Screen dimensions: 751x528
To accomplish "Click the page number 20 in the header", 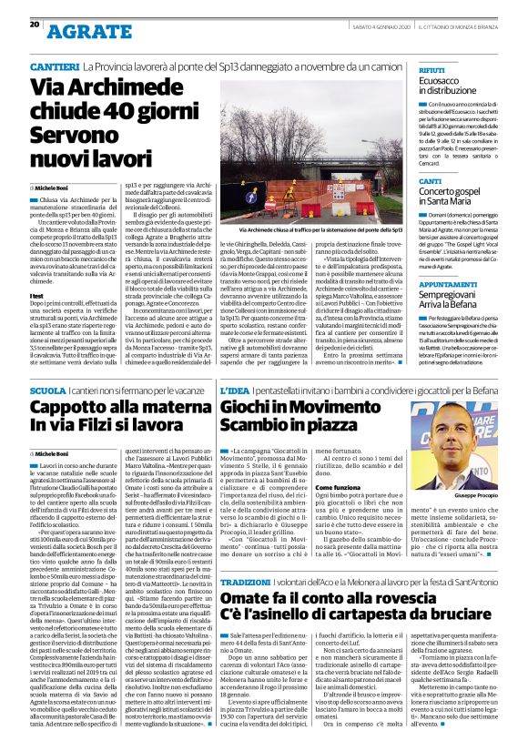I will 35,25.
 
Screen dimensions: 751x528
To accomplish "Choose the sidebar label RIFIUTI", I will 432,69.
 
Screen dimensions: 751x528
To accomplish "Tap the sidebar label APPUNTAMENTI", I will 448,259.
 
